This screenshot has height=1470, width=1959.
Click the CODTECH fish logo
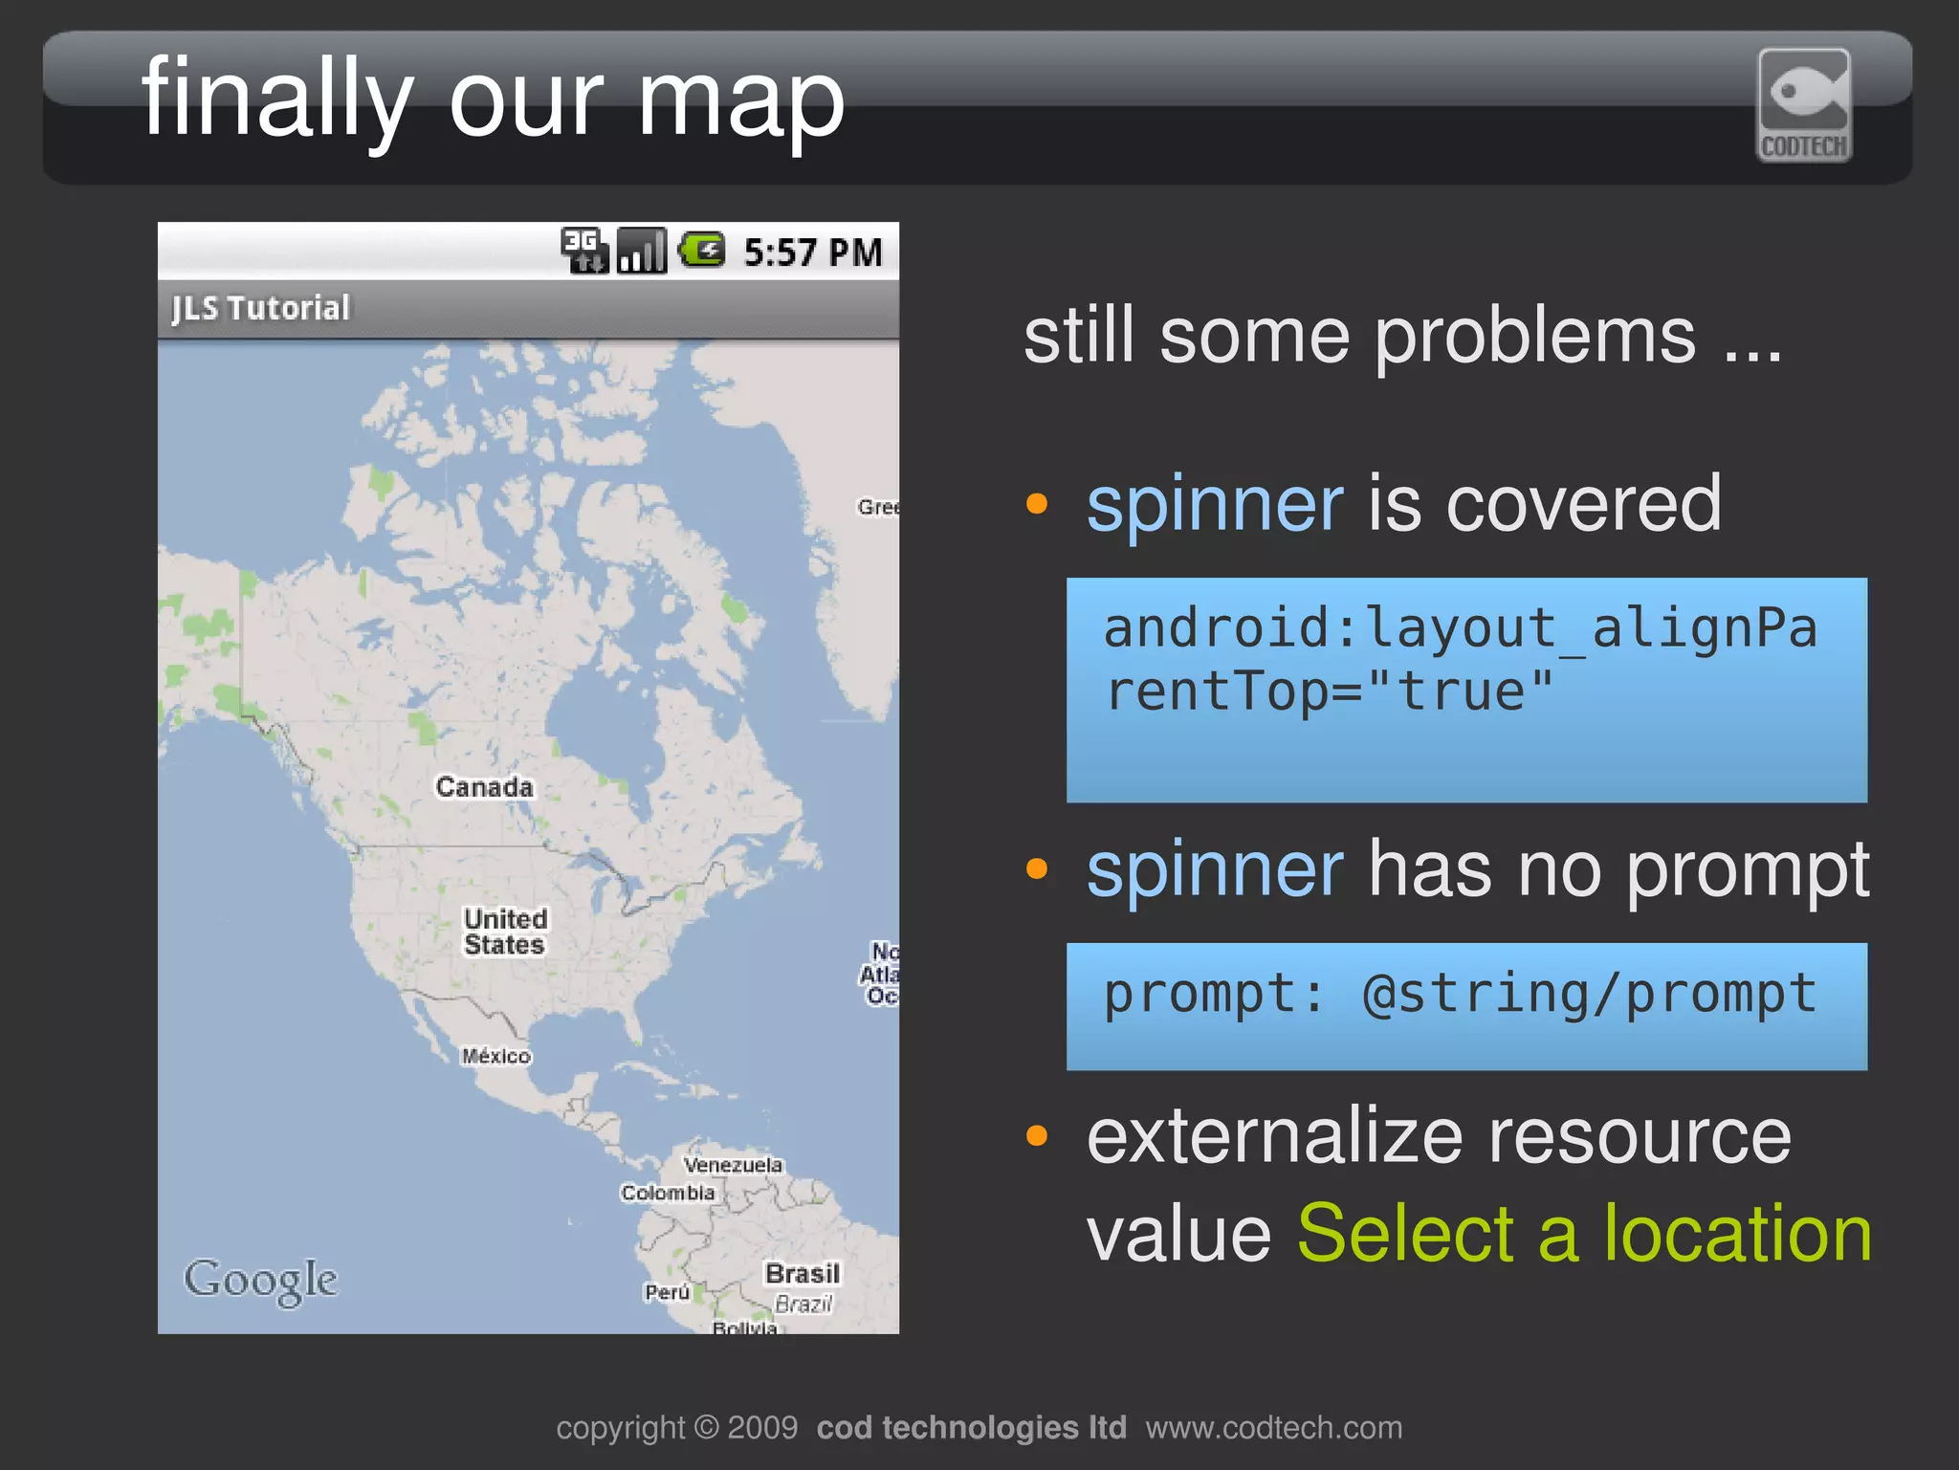click(1804, 105)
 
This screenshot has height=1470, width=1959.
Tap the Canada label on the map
click(484, 787)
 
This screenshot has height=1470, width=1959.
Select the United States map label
click(505, 932)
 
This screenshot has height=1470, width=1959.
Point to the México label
click(495, 1056)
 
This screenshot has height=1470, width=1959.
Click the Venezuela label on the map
click(733, 1165)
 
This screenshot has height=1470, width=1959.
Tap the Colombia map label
click(668, 1193)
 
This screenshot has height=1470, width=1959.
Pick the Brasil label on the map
click(802, 1274)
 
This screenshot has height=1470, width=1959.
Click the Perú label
click(667, 1293)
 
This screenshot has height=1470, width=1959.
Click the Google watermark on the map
click(260, 1281)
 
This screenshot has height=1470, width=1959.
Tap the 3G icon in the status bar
click(583, 251)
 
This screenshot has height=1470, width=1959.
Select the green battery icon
click(702, 251)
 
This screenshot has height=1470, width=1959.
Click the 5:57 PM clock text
click(812, 252)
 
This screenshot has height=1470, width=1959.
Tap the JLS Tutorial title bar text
click(260, 308)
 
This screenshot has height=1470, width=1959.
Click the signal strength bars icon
click(641, 251)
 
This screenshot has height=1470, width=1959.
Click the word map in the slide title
click(740, 99)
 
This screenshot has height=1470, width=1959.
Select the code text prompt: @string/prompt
click(1460, 994)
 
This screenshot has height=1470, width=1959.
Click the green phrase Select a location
click(1584, 1234)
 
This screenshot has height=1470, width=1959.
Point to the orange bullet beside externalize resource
click(1037, 1136)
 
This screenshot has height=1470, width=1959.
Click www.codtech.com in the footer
click(1274, 1428)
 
